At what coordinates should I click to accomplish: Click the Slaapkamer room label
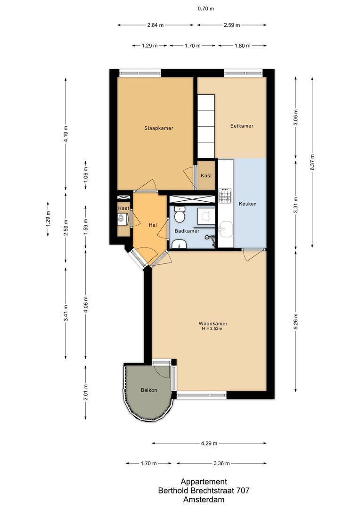pyautogui.click(x=155, y=128)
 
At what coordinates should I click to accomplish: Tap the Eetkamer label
pyautogui.click(x=242, y=126)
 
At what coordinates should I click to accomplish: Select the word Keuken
pyautogui.click(x=247, y=204)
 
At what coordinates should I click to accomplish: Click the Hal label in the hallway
pyautogui.click(x=153, y=225)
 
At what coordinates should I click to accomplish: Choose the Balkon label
pyautogui.click(x=148, y=390)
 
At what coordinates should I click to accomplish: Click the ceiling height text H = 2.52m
pyautogui.click(x=213, y=329)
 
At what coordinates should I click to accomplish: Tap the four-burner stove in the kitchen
pyautogui.click(x=225, y=195)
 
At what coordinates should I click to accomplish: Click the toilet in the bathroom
pyautogui.click(x=179, y=216)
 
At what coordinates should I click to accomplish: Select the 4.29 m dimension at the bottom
pyautogui.click(x=209, y=443)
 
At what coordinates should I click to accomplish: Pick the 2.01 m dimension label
pyautogui.click(x=85, y=392)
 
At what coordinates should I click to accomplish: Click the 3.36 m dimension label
pyautogui.click(x=221, y=463)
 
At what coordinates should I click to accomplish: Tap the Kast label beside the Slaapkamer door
pyautogui.click(x=206, y=175)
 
